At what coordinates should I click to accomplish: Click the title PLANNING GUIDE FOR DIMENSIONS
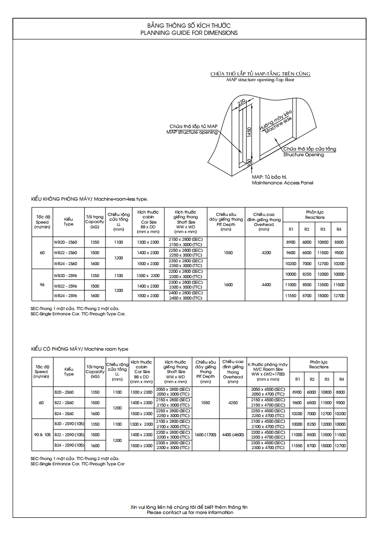189,33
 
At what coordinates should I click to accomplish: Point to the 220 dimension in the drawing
242,102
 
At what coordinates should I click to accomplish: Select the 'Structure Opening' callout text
303,155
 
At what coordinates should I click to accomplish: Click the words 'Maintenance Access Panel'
282,183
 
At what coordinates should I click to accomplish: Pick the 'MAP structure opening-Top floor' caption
260,80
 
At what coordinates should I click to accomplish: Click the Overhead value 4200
264,252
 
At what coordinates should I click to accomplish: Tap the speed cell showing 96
42,285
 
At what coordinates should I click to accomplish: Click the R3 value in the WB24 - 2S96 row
323,296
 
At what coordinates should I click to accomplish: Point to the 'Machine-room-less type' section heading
89,199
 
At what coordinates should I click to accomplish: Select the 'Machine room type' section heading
80,349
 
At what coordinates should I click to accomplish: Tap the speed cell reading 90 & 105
42,435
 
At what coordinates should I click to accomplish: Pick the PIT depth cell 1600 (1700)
206,435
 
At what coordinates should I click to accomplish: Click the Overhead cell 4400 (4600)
233,435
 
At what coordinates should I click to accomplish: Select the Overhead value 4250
233,403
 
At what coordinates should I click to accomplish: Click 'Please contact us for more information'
190,513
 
